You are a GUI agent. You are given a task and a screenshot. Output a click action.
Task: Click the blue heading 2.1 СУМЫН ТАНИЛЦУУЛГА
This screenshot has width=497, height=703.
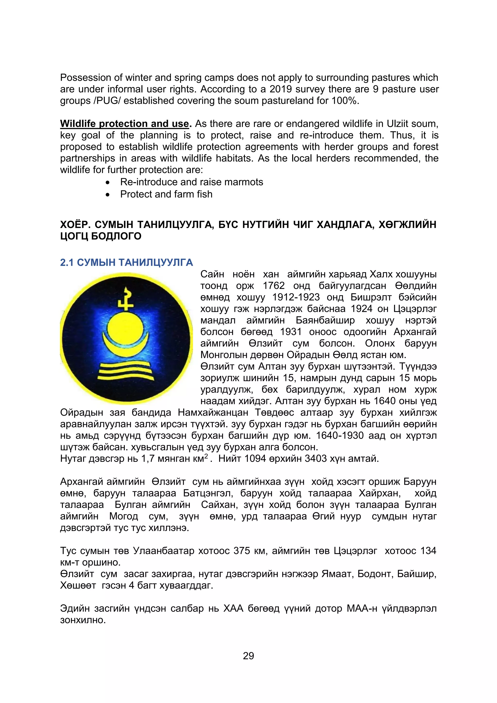(126, 262)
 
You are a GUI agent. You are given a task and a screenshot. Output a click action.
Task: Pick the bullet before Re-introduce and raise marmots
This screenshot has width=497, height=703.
(108, 183)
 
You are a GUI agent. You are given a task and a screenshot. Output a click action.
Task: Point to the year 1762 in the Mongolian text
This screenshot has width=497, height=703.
(273, 286)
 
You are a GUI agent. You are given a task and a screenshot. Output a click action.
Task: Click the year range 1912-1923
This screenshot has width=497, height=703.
(296, 297)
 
